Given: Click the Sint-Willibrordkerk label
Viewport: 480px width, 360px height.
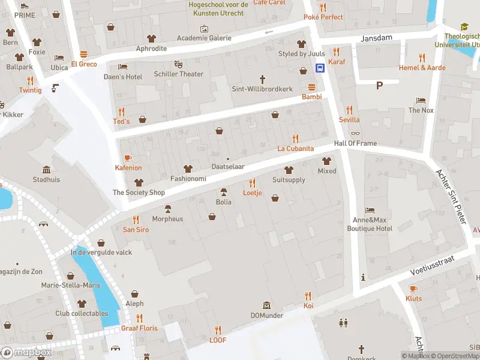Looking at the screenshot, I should (x=262, y=89).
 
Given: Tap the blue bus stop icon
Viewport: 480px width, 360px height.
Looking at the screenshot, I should (x=321, y=68).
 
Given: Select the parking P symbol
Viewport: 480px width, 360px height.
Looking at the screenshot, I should (x=379, y=85).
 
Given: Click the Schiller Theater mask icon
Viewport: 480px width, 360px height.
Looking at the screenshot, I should (x=178, y=64).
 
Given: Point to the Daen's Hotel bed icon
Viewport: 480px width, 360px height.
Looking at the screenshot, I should (x=123, y=67).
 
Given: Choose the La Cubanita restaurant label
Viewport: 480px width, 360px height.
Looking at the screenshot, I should (x=295, y=148).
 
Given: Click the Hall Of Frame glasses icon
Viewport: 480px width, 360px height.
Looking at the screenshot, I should (x=356, y=133).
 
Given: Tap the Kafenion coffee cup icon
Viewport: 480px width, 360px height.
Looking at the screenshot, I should (x=128, y=158).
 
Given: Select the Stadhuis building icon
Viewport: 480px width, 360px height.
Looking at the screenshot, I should (x=46, y=169).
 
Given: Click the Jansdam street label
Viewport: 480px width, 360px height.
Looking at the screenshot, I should (x=376, y=38).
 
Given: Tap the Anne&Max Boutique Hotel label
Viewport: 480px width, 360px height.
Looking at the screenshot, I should (x=370, y=224).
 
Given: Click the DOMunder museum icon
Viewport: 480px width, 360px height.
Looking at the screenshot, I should (x=267, y=305).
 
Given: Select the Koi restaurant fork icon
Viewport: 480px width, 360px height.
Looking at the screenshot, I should (x=308, y=296).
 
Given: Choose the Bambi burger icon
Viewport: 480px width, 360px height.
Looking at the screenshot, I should (x=311, y=86).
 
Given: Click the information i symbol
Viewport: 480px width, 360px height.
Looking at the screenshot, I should (x=363, y=277).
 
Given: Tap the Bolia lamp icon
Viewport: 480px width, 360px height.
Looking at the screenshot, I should (x=224, y=192).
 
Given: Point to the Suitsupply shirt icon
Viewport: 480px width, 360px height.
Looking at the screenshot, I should (x=289, y=170).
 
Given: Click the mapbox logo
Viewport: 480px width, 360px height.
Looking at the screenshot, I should (x=27, y=353).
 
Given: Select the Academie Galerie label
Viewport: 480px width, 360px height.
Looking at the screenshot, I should (x=204, y=38).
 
